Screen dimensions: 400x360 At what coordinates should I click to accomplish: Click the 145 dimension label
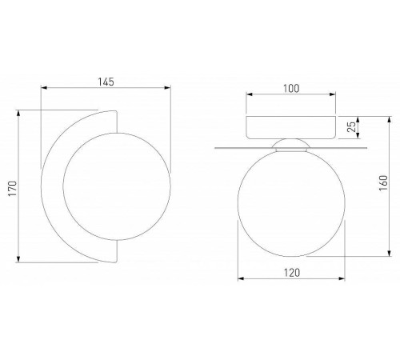(106, 82)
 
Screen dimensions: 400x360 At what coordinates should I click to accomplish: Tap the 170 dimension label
(13, 189)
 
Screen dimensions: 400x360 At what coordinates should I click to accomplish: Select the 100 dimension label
(291, 89)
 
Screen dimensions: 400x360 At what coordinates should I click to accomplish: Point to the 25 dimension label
(353, 126)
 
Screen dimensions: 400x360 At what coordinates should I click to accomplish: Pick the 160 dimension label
(383, 182)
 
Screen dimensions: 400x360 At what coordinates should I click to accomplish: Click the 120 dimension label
(292, 273)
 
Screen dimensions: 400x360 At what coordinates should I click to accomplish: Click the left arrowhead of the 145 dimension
(44, 88)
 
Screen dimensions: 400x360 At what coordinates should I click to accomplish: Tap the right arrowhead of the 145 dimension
(167, 88)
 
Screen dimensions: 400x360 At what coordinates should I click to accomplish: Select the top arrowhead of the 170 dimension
(18, 114)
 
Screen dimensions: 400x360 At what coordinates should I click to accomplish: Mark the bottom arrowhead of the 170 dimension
(18, 259)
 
